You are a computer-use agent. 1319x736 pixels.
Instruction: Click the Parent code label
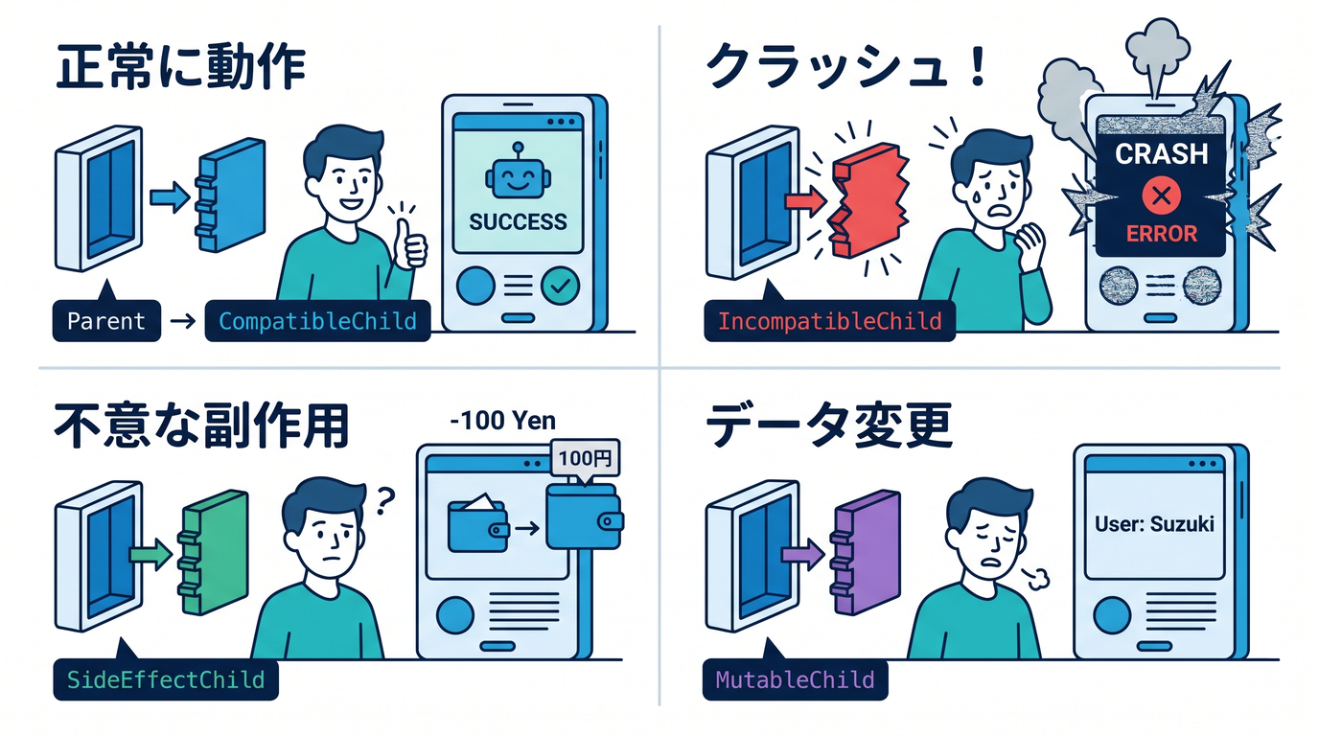(x=106, y=321)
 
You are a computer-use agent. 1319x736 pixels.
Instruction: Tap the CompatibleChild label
(x=317, y=321)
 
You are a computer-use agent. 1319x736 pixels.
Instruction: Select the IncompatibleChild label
(x=830, y=321)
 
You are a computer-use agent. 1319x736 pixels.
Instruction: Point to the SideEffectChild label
(x=166, y=679)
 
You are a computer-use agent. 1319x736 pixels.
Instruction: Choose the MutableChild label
(x=795, y=679)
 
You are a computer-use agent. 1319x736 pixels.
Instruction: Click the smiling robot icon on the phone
(x=519, y=172)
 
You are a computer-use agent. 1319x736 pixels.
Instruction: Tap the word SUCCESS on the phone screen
(x=519, y=222)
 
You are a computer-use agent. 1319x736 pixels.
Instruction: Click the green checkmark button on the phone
(x=560, y=286)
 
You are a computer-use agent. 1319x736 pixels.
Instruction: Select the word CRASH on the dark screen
(x=1161, y=153)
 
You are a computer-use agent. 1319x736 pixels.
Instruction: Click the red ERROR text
(x=1162, y=234)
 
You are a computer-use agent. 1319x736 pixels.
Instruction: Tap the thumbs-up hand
(x=410, y=245)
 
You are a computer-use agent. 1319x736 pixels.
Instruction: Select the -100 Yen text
(x=503, y=421)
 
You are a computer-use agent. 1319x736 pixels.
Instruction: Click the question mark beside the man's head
(x=384, y=501)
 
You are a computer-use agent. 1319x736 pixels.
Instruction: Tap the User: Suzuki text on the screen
(x=1154, y=523)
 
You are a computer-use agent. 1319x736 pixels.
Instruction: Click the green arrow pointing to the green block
(x=150, y=554)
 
